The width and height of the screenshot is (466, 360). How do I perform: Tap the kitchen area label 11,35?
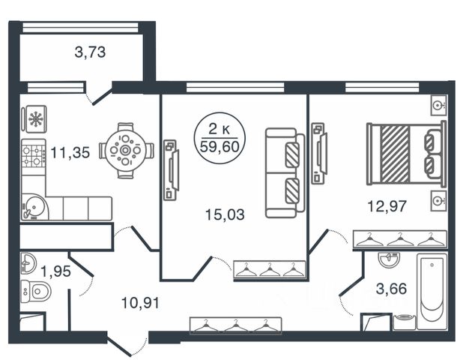coord(70,154)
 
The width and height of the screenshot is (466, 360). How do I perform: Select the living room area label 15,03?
coord(225,214)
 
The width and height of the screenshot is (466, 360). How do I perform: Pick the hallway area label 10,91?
coord(140,304)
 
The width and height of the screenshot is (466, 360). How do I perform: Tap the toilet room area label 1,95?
coord(55,271)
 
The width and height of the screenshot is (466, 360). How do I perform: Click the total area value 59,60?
coord(215,145)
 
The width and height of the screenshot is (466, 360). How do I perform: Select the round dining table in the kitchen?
coord(126,150)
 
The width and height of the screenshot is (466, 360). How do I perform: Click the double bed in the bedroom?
coord(405,154)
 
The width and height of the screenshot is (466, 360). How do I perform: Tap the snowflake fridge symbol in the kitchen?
coord(34,119)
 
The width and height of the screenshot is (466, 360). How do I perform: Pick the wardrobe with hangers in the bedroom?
coord(400,239)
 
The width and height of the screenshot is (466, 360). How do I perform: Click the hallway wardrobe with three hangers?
coord(236,325)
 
